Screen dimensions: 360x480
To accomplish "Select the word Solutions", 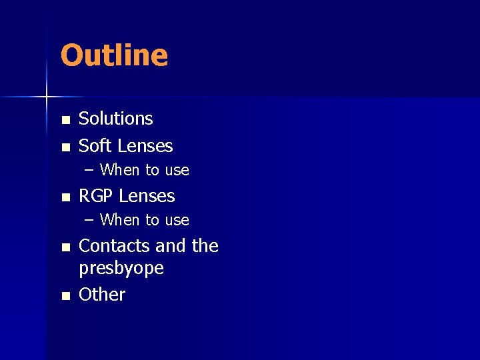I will click(x=116, y=119).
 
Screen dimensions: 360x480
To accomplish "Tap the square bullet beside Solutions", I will click(x=65, y=120).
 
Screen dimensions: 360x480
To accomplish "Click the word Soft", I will click(x=95, y=146).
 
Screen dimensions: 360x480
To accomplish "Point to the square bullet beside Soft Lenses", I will click(x=65, y=147).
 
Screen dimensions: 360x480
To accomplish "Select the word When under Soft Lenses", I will click(x=120, y=170).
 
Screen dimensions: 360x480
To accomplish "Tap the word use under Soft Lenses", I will click(x=177, y=171).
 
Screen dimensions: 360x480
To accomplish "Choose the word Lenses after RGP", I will click(x=146, y=196).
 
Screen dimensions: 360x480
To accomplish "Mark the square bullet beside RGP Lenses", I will click(x=65, y=197).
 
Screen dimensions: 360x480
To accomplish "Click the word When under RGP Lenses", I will click(x=120, y=220).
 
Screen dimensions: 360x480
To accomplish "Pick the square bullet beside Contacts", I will click(x=65, y=247).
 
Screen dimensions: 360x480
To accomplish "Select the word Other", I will click(x=102, y=295).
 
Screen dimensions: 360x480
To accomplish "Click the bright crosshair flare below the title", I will click(x=47, y=97).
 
